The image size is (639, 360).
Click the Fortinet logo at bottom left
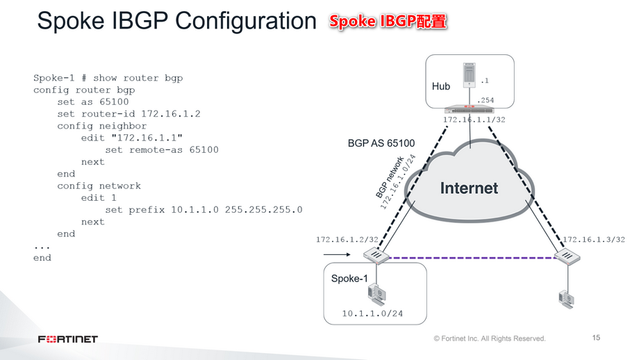click(x=68, y=339)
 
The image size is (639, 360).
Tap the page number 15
click(x=596, y=338)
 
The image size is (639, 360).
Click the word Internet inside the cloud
click(x=469, y=188)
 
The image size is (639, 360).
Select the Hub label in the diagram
click(x=441, y=86)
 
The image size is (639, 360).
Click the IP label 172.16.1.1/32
click(x=474, y=120)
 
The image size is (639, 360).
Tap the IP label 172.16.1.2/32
click(x=347, y=239)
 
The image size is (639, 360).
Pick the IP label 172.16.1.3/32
click(x=594, y=239)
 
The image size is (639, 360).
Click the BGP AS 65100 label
click(x=381, y=143)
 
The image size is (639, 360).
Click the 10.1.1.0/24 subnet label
click(x=372, y=313)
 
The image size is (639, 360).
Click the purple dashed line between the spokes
click(x=472, y=258)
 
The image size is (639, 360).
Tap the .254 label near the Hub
click(x=486, y=100)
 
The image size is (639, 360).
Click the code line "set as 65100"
click(x=93, y=101)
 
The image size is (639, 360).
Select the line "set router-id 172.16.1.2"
click(x=128, y=113)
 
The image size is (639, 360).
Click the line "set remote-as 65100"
click(x=161, y=149)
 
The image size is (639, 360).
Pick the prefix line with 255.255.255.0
click(x=204, y=209)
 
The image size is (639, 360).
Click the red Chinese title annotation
click(x=388, y=22)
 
